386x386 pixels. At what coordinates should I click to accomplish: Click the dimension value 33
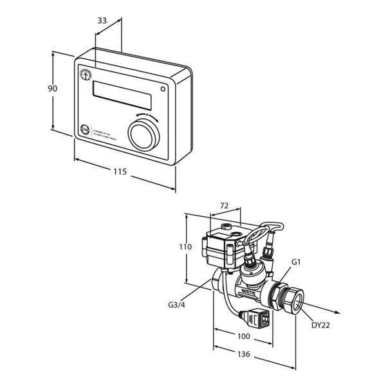click(102, 20)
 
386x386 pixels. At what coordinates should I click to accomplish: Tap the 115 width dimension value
click(120, 172)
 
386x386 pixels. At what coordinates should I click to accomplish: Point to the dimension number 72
click(225, 205)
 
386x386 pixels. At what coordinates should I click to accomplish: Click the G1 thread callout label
click(297, 262)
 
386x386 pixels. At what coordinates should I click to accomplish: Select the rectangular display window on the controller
click(123, 95)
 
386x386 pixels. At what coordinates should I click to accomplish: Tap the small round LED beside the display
click(164, 88)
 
